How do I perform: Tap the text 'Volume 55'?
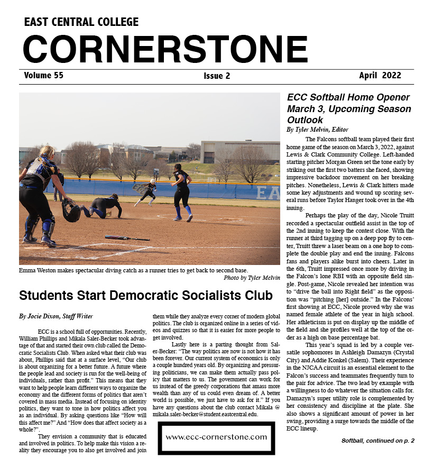coord(43,76)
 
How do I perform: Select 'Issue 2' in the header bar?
coord(217,76)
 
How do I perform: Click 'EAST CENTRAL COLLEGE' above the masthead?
coord(81,22)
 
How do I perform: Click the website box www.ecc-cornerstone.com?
coord(216,437)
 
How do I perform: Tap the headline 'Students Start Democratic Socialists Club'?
coord(145,295)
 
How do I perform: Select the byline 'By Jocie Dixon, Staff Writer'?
coord(56,316)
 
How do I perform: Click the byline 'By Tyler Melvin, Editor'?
coord(317,130)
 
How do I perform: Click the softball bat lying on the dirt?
coord(127,238)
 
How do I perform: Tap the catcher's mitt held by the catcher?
coord(71,212)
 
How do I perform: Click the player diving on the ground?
coord(103,206)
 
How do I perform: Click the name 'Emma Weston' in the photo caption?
coord(39,270)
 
